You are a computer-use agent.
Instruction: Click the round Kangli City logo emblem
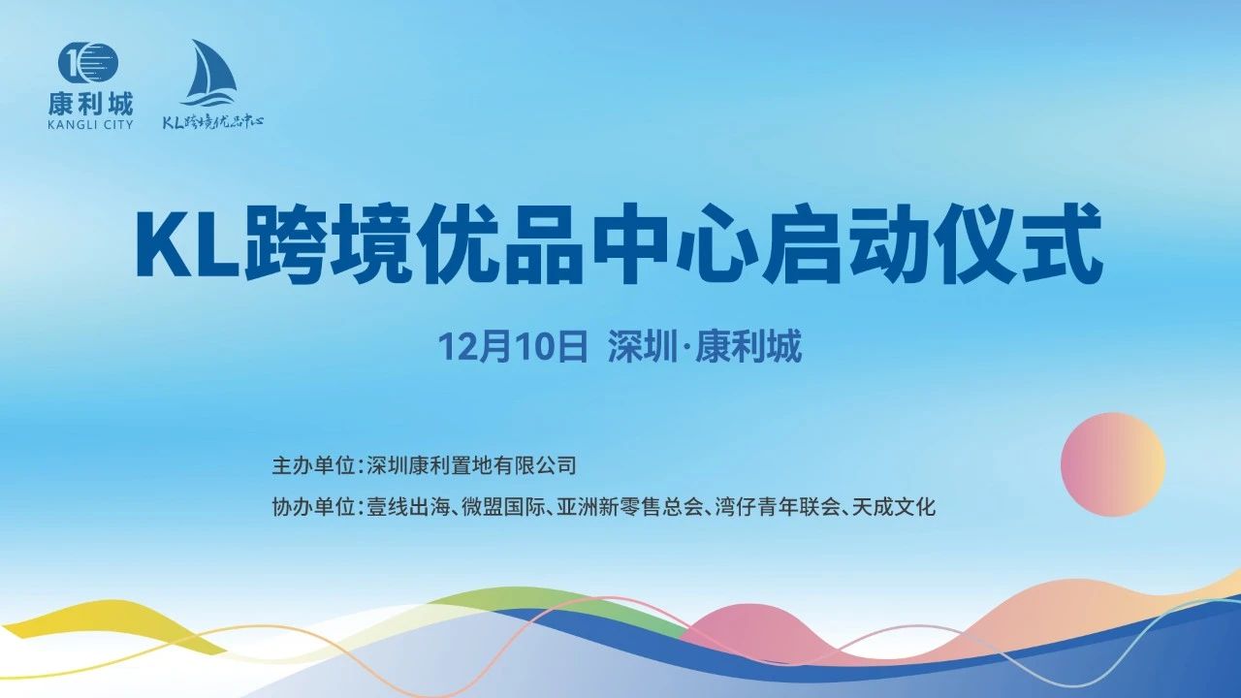click(88, 68)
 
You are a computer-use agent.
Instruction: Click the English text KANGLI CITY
click(91, 125)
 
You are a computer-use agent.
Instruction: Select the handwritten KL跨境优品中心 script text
click(212, 122)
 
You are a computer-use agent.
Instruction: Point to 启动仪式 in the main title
click(932, 244)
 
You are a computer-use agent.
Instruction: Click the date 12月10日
click(513, 347)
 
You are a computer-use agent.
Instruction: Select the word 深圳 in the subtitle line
click(641, 347)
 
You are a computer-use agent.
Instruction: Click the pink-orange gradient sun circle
click(1113, 464)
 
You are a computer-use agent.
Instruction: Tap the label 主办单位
click(313, 465)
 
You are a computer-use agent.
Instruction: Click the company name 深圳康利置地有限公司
click(471, 465)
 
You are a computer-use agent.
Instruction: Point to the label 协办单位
click(313, 507)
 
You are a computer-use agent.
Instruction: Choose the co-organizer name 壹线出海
click(408, 507)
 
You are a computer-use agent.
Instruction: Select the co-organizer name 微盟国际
click(503, 507)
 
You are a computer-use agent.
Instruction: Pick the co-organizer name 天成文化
click(894, 507)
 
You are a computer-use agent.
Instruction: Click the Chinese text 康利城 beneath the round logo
click(91, 104)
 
